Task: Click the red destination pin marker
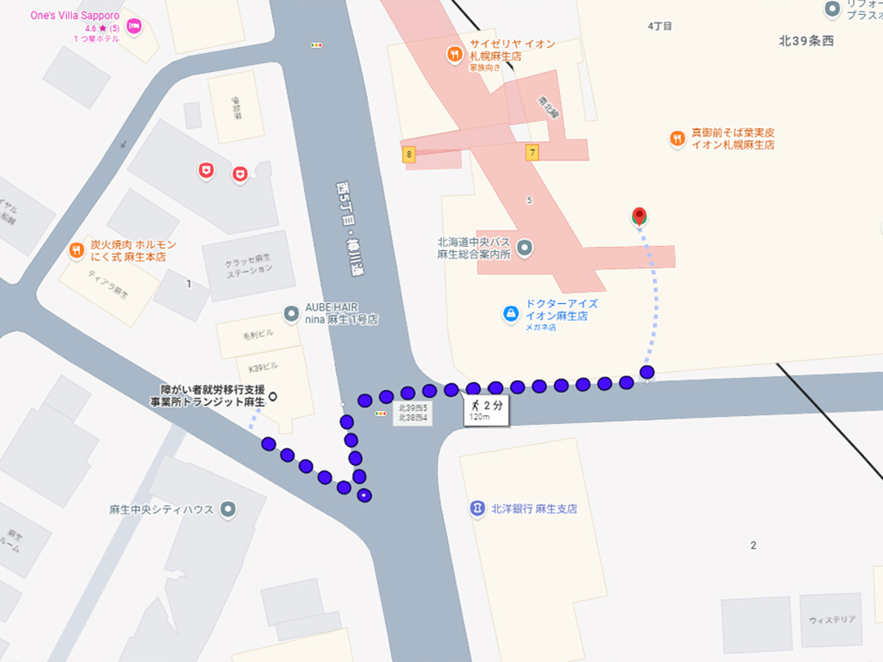[x=639, y=216]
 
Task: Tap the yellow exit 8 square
[x=408, y=154]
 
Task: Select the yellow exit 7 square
[x=532, y=152]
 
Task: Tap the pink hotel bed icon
[x=135, y=27]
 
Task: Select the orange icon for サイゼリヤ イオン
[x=455, y=55]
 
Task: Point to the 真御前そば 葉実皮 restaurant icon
[x=677, y=138]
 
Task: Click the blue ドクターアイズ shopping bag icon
[x=511, y=314]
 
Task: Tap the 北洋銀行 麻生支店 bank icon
[x=477, y=508]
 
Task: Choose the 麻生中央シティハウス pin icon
[x=229, y=509]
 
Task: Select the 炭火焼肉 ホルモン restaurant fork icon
[x=76, y=250]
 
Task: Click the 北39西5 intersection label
[x=413, y=408]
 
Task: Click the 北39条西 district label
[x=805, y=42]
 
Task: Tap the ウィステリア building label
[x=831, y=620]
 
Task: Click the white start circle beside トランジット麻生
[x=273, y=397]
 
